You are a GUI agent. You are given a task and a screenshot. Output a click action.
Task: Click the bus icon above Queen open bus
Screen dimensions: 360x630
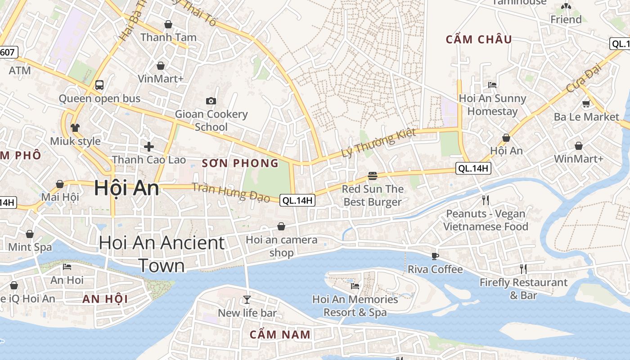pos(99,85)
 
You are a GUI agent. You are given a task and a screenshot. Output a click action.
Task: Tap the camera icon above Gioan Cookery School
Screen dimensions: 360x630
pos(211,101)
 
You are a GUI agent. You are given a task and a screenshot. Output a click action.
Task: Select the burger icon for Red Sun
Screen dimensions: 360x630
pos(372,175)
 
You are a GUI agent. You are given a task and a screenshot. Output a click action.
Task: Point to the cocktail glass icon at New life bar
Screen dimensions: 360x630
pos(247,299)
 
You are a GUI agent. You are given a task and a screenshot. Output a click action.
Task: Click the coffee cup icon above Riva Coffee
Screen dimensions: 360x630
pos(435,256)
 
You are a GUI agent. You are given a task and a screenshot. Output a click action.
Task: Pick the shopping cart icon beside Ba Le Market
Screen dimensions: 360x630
pos(586,104)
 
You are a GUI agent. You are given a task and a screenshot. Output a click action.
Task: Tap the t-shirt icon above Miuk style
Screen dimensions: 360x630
pos(75,128)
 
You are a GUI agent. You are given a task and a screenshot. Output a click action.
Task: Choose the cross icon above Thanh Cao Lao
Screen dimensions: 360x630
pos(149,146)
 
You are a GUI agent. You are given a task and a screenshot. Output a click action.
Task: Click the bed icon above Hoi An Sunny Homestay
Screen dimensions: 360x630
pos(492,85)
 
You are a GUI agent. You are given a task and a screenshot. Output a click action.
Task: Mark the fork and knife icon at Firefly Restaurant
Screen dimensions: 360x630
pos(523,269)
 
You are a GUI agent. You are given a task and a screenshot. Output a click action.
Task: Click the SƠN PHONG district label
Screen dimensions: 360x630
pos(240,163)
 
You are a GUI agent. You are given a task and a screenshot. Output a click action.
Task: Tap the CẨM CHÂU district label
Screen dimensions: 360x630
pos(479,40)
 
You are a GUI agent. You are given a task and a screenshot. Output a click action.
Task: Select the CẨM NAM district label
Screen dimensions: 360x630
pos(280,334)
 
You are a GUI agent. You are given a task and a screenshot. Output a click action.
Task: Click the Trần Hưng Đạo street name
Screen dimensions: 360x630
pos(231,192)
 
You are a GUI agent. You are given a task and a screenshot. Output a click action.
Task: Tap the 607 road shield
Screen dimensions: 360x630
pos(8,52)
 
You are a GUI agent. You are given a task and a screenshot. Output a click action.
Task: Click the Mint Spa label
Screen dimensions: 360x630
pos(30,247)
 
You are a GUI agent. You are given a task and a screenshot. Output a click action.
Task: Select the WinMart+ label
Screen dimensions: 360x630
pos(578,158)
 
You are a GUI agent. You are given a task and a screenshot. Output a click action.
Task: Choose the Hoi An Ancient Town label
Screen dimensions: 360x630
pos(162,254)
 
